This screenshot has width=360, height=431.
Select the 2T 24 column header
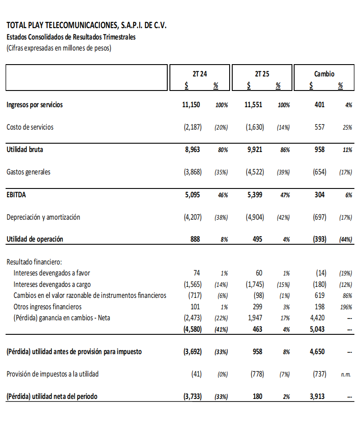point(200,74)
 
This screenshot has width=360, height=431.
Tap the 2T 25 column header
point(262,74)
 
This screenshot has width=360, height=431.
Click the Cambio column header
point(324,74)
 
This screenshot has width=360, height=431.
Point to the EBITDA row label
point(16,195)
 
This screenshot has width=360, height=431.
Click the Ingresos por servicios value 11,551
point(253,105)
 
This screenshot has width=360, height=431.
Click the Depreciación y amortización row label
point(43,217)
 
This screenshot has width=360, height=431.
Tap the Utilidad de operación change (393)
point(319,239)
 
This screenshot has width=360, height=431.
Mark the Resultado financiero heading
point(34,262)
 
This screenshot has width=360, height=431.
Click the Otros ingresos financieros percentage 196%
point(346,307)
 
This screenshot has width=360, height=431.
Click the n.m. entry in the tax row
point(346,374)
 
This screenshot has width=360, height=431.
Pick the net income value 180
point(257,396)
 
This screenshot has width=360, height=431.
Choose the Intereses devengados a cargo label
point(52,284)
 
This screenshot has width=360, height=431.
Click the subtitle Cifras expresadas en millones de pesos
point(59,48)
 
